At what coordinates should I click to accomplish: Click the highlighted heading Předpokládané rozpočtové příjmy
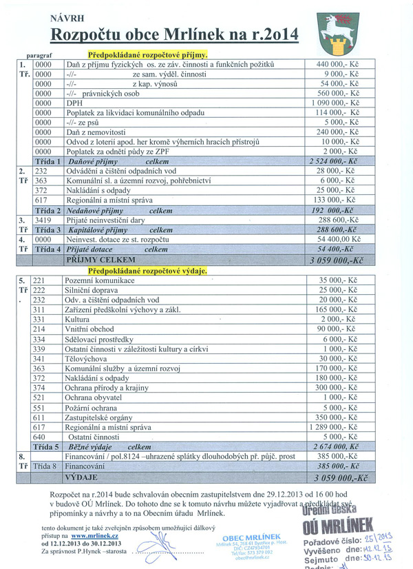[148, 54]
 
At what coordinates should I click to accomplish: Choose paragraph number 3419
[45, 218]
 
